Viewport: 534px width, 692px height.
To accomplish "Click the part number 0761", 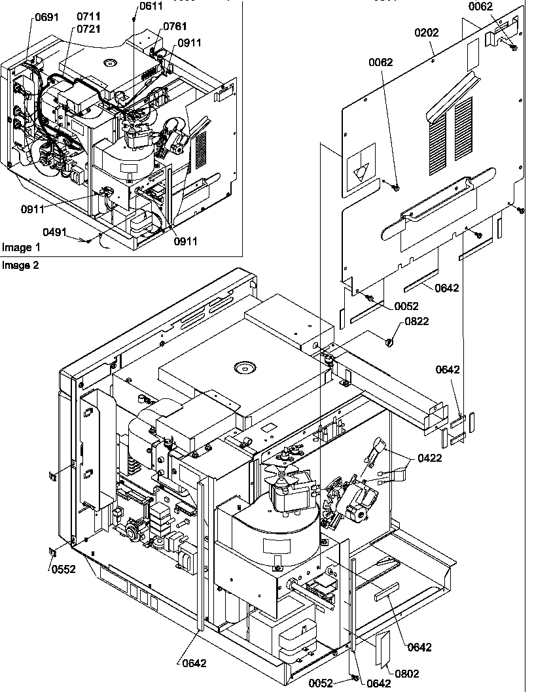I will (x=175, y=26).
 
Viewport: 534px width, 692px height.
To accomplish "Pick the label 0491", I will (x=56, y=232).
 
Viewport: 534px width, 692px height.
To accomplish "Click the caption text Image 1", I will (x=21, y=247).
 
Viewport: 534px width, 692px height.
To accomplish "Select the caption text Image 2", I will (x=21, y=266).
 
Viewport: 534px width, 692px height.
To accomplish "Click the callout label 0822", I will (x=417, y=321).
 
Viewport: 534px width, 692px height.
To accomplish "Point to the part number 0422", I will (x=429, y=458).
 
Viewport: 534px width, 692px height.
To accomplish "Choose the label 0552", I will (x=64, y=569).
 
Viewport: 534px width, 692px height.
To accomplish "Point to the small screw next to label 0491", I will (x=88, y=241).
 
